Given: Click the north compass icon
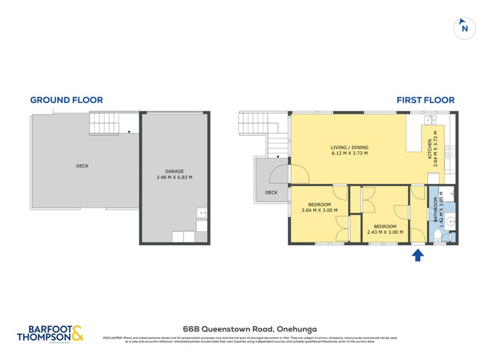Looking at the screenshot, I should (465, 28).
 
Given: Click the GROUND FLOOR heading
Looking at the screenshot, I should (67, 100).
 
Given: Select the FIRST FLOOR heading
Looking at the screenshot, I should (425, 100).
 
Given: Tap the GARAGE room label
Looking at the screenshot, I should (174, 171).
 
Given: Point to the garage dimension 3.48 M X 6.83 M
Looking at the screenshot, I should (174, 178).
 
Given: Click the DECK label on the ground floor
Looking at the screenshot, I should (83, 165).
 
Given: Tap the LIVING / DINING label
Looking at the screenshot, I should (349, 147).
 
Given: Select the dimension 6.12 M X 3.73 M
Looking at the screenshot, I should (349, 153).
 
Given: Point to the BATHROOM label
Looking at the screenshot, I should (435, 210).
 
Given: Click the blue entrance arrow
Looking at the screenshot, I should (417, 255).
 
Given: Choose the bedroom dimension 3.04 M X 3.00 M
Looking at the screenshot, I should (319, 211).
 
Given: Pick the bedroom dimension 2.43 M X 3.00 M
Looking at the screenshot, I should (385, 232).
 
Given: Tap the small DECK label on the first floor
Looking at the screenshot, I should (271, 192).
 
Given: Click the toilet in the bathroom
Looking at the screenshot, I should (436, 234).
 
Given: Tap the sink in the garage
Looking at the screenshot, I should (202, 213).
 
